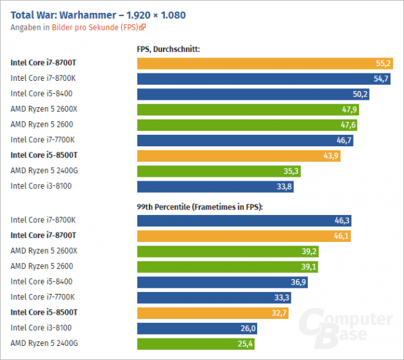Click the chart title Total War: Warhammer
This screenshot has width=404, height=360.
tap(98, 14)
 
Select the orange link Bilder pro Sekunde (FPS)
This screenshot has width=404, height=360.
tap(95, 28)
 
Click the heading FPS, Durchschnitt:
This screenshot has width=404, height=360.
tap(168, 49)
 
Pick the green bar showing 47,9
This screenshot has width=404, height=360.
tap(249, 109)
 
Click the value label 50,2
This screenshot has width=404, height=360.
tap(360, 94)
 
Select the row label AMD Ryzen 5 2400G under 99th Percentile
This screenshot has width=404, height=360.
tap(44, 344)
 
